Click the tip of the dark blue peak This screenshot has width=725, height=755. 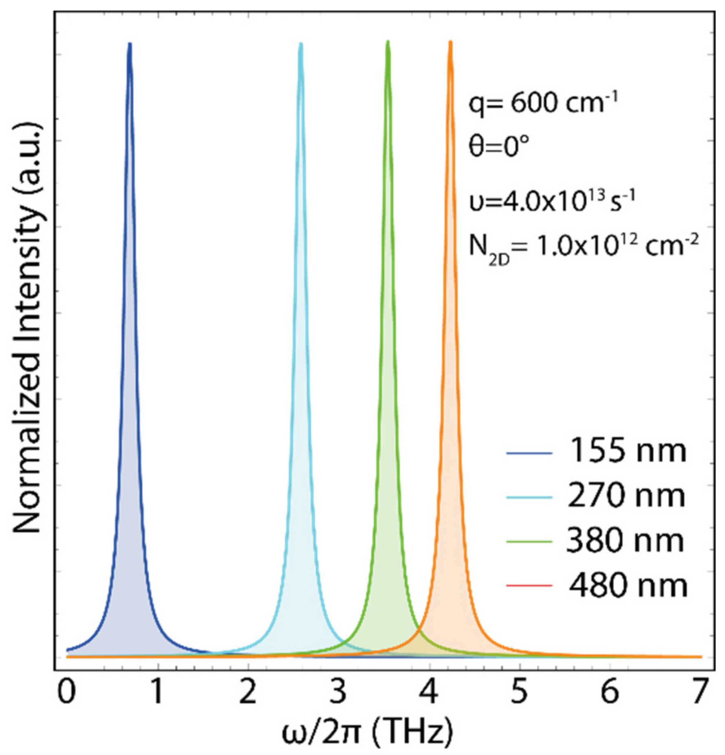point(130,44)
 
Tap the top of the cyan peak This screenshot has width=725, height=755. point(301,44)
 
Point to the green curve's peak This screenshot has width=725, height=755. point(388,42)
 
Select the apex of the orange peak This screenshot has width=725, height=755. point(450,42)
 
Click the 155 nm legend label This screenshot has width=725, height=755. point(627,451)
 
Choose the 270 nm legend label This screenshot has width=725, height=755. point(626,496)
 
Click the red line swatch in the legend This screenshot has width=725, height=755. point(529,586)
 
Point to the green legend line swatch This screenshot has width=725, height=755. point(529,541)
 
